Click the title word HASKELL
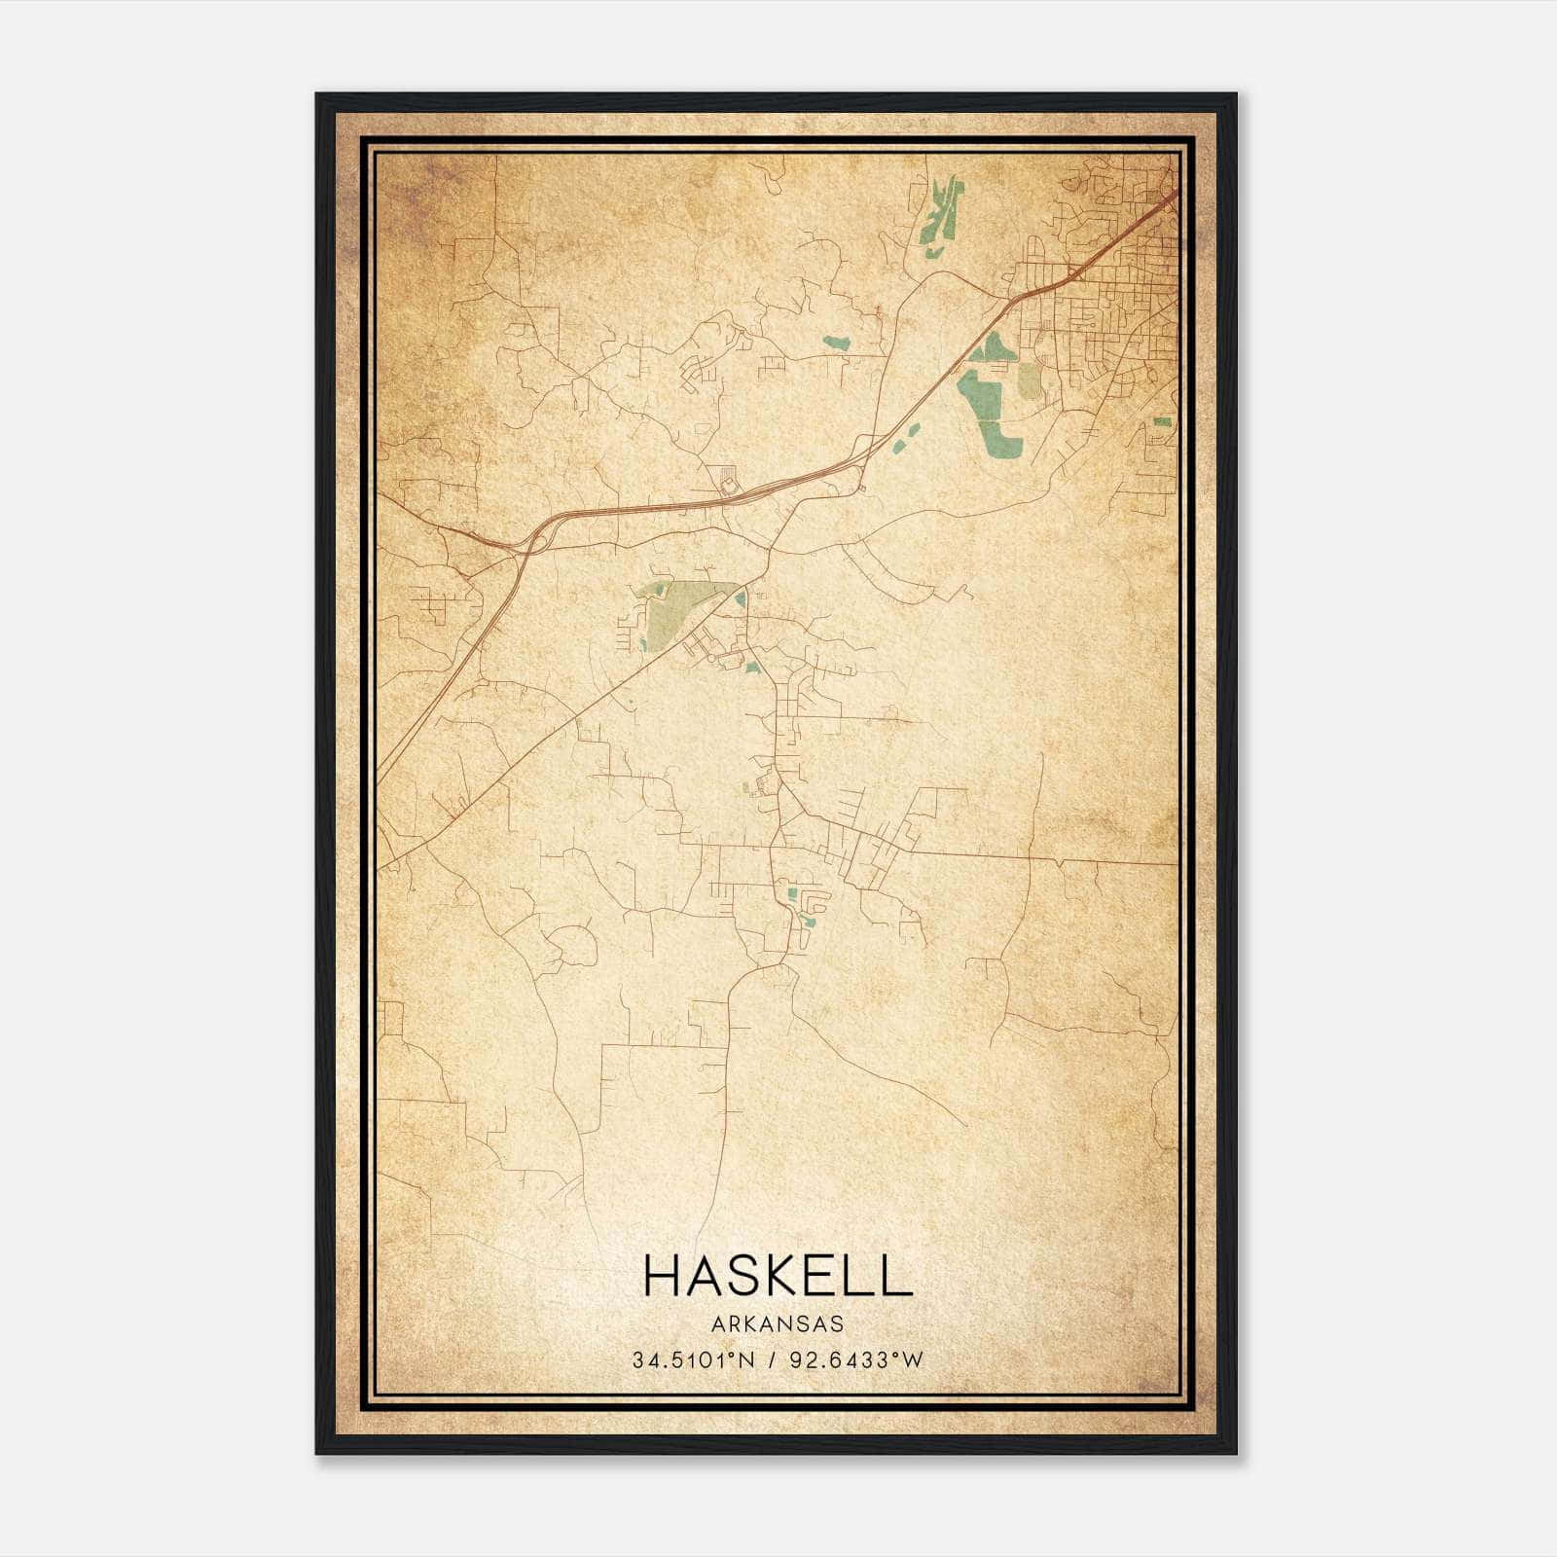click(778, 1276)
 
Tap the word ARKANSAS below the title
click(778, 1324)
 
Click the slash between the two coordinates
click(771, 1360)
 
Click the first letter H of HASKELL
click(662, 1276)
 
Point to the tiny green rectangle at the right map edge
click(1162, 421)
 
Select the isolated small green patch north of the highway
click(836, 343)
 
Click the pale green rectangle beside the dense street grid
click(1029, 380)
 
